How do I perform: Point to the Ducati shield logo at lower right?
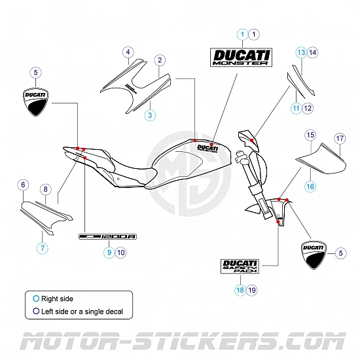pyautogui.click(x=313, y=255)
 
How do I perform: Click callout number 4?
pyautogui.click(x=128, y=52)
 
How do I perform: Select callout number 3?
pyautogui.click(x=150, y=115)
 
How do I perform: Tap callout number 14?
pyautogui.click(x=312, y=52)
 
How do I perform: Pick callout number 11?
pyautogui.click(x=296, y=108)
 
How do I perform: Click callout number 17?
pyautogui.click(x=340, y=138)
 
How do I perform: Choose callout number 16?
pyautogui.click(x=310, y=187)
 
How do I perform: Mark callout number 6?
pyautogui.click(x=23, y=185)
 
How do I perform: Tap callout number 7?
pyautogui.click(x=43, y=248)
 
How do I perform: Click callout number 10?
pyautogui.click(x=120, y=251)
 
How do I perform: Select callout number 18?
pyautogui.click(x=240, y=290)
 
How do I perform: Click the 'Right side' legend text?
pyautogui.click(x=57, y=298)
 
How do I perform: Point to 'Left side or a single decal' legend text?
pyautogui.click(x=82, y=312)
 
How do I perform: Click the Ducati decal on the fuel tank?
pyautogui.click(x=207, y=148)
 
